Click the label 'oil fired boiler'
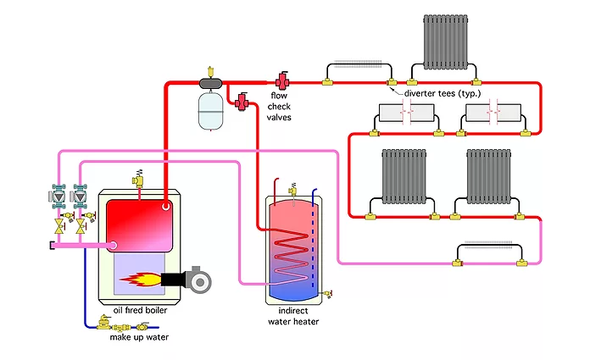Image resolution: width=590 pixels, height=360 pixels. (134, 310)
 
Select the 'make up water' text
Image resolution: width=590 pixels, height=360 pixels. (139, 337)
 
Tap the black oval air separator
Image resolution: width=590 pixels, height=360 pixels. (210, 82)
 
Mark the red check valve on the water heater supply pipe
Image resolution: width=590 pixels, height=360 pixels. (244, 102)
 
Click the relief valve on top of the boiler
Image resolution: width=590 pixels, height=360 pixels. (136, 179)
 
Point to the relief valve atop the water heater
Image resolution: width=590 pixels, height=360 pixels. (292, 186)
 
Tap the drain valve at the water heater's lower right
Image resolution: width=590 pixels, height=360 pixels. (330, 293)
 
